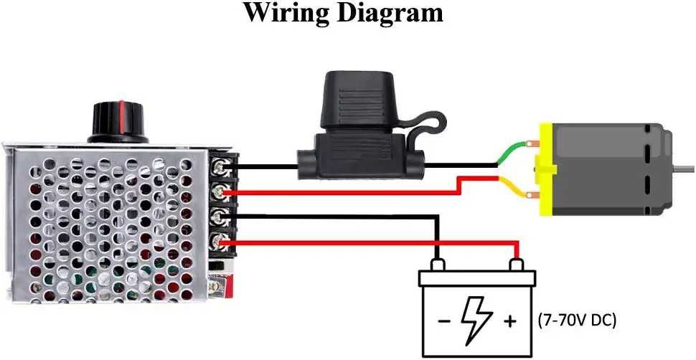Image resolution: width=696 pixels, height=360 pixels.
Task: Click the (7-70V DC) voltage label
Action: coord(576,321)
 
